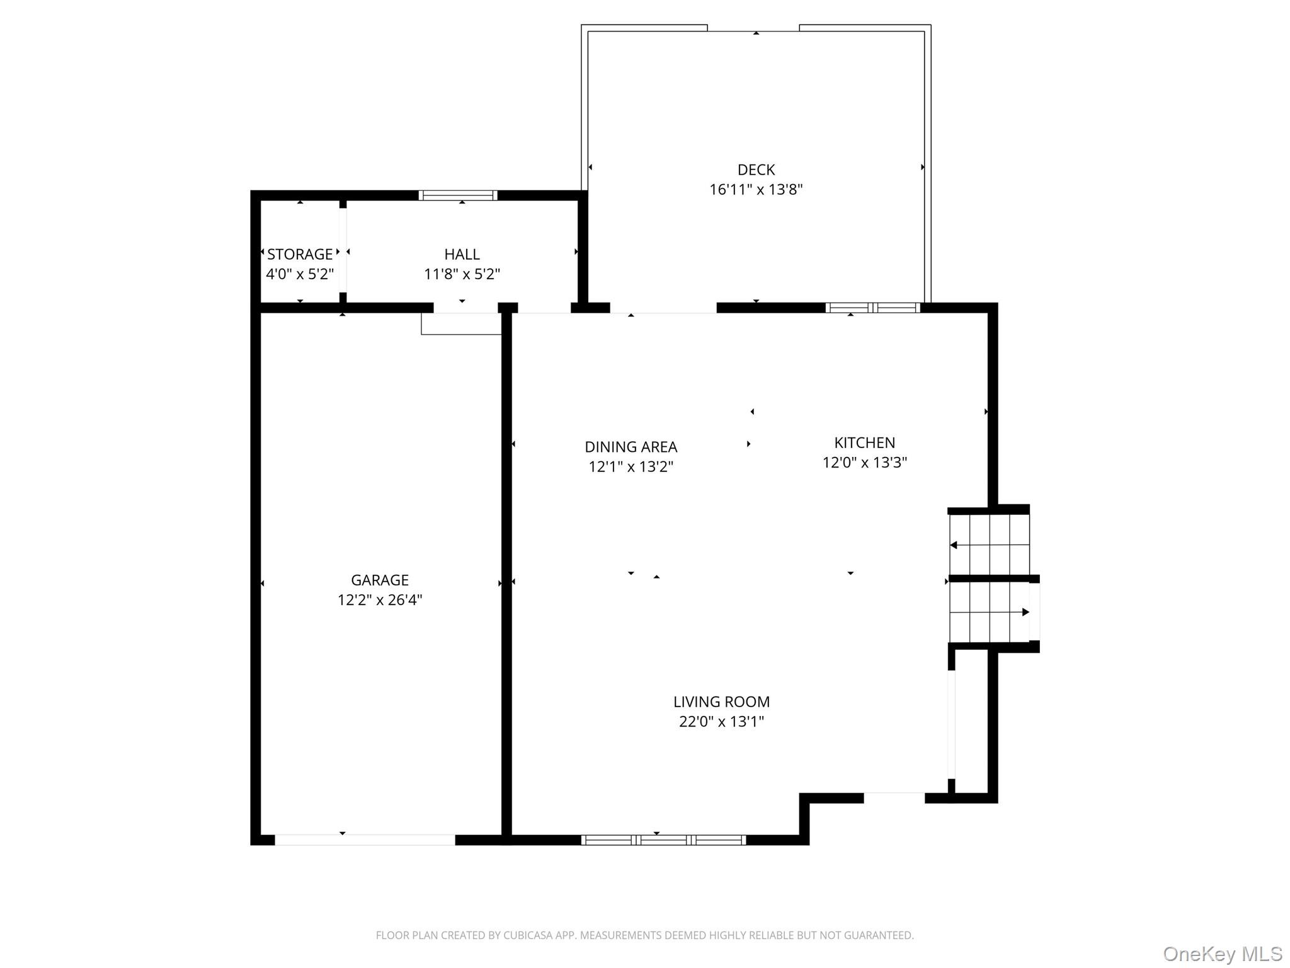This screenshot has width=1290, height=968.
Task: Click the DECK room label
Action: [756, 170]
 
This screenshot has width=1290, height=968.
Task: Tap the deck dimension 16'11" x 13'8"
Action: [756, 190]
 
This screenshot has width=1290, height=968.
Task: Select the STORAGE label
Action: [300, 254]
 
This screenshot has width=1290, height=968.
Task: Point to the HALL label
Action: [462, 254]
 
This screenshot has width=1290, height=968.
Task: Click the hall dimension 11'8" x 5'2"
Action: [462, 274]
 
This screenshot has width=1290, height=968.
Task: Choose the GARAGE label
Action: [380, 580]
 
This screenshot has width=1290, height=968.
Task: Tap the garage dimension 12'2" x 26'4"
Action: [380, 600]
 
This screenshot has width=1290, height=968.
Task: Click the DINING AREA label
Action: [631, 447]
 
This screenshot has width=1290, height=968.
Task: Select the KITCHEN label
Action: [864, 442]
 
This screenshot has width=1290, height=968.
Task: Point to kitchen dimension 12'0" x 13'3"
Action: [864, 463]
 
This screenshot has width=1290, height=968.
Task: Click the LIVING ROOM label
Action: [721, 701]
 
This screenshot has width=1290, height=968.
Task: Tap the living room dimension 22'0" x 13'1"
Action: [721, 722]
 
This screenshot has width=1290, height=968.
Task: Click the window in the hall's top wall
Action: [458, 195]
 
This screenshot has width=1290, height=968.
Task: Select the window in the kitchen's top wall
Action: [872, 308]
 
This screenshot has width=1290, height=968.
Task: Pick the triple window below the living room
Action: [663, 839]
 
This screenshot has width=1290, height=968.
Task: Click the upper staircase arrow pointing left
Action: [954, 545]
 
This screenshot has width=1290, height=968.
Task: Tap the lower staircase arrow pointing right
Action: [1025, 612]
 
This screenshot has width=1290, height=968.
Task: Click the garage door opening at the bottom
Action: [365, 839]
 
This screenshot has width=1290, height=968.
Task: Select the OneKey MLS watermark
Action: [1222, 954]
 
